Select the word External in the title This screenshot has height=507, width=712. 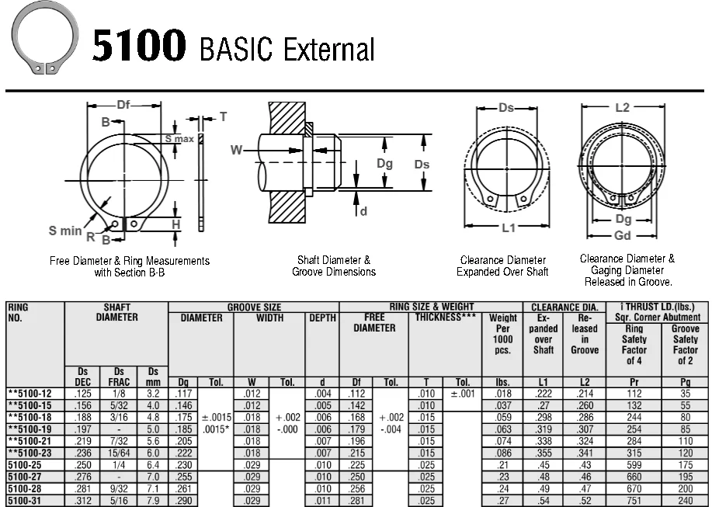328,49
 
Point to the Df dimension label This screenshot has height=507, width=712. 124,106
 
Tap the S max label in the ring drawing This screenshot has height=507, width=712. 179,139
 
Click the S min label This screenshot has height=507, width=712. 65,231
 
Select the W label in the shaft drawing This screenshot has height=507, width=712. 237,150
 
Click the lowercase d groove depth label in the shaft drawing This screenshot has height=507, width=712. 363,211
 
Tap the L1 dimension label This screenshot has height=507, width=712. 509,228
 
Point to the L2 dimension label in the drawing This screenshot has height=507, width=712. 622,108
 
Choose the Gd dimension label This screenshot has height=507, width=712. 622,236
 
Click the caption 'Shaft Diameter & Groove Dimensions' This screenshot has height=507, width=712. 334,266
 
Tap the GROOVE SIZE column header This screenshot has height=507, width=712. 254,307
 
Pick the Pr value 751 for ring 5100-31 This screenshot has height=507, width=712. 634,501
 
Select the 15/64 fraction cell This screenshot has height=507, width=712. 119,452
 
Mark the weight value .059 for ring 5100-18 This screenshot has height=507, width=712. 502,417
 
